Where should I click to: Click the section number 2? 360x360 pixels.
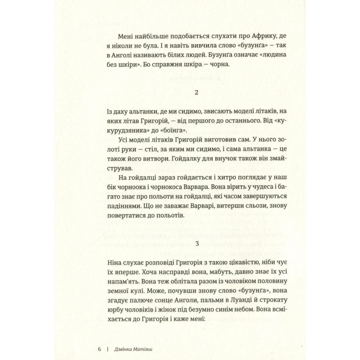pos(196,92)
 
